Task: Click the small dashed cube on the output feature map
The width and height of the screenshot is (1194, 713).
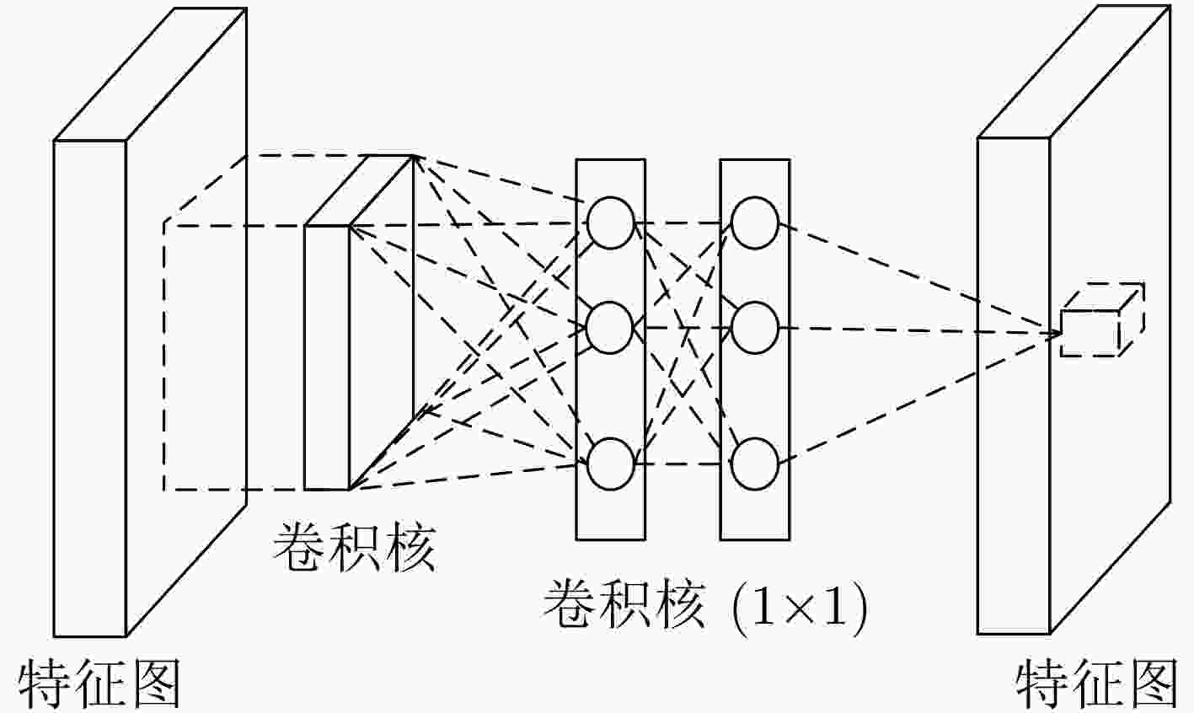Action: pyautogui.click(x=1102, y=319)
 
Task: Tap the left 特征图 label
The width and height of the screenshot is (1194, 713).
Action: pyautogui.click(x=99, y=684)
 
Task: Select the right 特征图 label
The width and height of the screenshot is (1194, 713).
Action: pyautogui.click(x=1096, y=684)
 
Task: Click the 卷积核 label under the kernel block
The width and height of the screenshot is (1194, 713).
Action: pyautogui.click(x=355, y=547)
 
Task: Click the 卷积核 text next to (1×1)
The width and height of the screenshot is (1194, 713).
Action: pyautogui.click(x=624, y=606)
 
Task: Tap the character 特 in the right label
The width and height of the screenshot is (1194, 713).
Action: pyautogui.click(x=1041, y=684)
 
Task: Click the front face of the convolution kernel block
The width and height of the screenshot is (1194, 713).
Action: pyautogui.click(x=326, y=357)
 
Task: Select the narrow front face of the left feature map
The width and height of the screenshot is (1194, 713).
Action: pyautogui.click(x=90, y=389)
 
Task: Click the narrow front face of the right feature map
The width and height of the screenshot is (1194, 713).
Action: pyautogui.click(x=1014, y=386)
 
